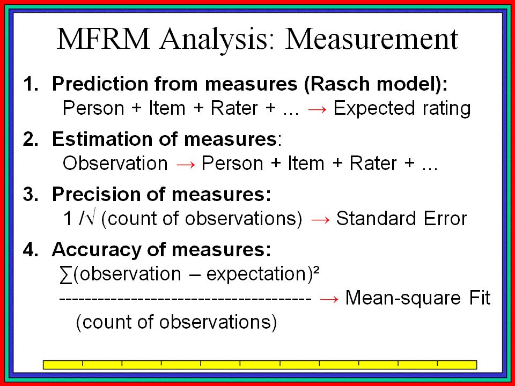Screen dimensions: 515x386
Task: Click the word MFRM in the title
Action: pos(103,39)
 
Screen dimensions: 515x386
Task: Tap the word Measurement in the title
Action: pos(371,39)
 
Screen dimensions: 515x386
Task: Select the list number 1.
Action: pos(31,84)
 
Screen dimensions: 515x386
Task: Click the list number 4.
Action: pos(31,249)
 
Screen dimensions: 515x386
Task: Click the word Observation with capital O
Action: pos(115,163)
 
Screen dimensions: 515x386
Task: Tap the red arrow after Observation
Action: pos(186,165)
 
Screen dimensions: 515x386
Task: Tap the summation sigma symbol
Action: pos(66,275)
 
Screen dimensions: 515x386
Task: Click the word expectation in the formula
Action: pos(256,274)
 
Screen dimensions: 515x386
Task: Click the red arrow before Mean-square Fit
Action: pos(329,299)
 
